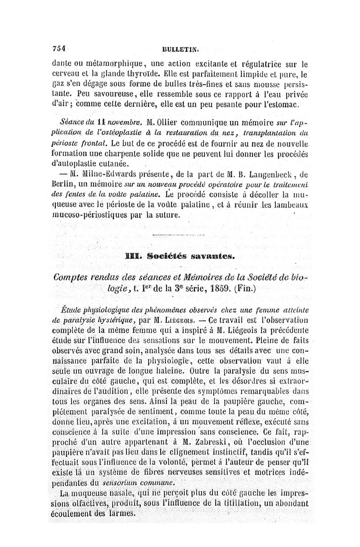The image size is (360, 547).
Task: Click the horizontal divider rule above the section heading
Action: tap(180, 236)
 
